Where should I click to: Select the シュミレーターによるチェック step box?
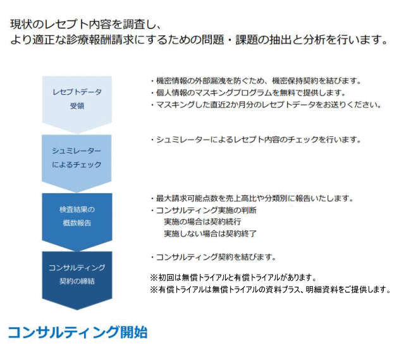[x=77, y=158]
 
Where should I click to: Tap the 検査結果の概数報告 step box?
[x=77, y=216]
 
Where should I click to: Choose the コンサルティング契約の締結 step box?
[x=77, y=274]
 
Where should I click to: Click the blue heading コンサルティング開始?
[x=78, y=332]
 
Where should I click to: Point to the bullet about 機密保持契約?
[x=255, y=81]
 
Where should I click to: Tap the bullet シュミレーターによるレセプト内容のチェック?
[x=255, y=140]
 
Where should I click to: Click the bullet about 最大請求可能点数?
[x=251, y=198]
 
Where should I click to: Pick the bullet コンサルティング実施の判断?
[x=204, y=210]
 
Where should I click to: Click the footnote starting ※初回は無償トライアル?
[x=233, y=278]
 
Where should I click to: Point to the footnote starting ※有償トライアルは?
[x=271, y=290]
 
